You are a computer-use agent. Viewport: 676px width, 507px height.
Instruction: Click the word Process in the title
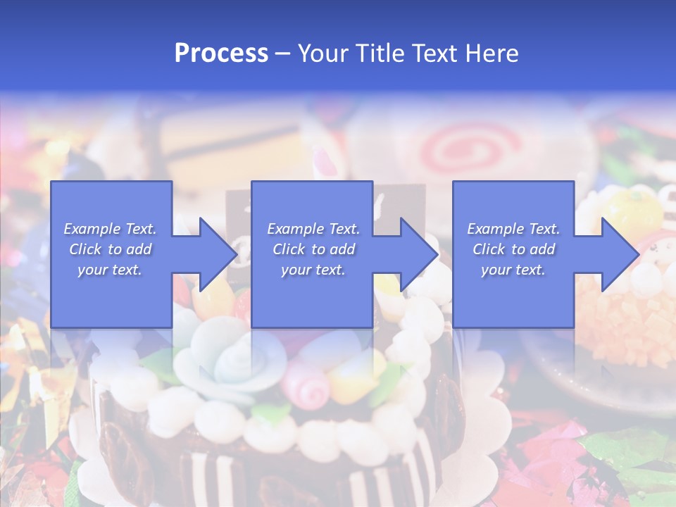(x=221, y=54)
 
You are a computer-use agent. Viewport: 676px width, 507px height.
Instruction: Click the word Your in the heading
(x=323, y=54)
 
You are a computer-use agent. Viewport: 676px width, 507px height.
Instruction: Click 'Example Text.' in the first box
(x=110, y=229)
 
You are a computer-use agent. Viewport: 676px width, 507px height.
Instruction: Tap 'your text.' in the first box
(x=110, y=270)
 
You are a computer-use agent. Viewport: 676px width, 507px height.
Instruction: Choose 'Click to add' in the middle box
(x=313, y=249)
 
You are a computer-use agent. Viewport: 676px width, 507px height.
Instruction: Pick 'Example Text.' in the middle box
(x=313, y=229)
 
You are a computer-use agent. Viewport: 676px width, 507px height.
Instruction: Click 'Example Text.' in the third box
(x=513, y=229)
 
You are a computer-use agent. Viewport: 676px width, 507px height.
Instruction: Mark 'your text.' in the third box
(x=513, y=270)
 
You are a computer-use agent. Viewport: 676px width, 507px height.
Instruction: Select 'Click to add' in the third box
(x=513, y=249)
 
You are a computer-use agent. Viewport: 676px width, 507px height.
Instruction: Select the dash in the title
(x=282, y=54)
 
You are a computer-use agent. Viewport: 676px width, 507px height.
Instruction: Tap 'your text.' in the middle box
(x=313, y=270)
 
